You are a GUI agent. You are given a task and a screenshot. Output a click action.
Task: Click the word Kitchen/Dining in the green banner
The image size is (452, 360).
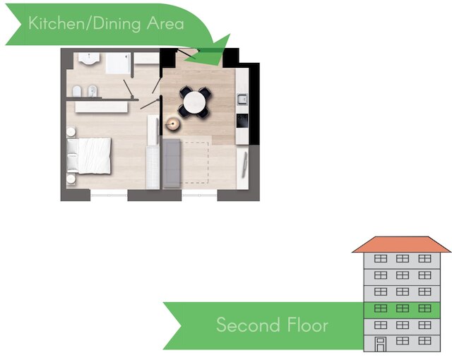(85, 23)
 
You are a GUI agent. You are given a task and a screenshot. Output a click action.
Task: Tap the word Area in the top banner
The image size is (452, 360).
(165, 23)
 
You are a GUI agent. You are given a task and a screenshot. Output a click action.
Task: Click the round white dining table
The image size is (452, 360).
(195, 102)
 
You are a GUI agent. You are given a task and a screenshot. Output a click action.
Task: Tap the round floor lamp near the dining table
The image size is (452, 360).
(172, 124)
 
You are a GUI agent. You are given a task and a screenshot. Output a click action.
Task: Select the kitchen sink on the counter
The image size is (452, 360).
(242, 100)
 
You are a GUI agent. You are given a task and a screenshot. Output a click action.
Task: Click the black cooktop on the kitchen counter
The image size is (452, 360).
(242, 121)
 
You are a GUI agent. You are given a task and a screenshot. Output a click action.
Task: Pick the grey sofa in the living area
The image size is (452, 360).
(172, 163)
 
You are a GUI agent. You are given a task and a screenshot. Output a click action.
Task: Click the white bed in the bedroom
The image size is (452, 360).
(89, 155)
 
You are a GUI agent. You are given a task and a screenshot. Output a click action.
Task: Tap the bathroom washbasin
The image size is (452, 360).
(89, 59)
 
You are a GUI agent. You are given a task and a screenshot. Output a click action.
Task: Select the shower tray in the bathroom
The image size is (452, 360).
(118, 63)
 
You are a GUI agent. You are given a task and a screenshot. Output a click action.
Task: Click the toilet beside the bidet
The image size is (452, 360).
(77, 91)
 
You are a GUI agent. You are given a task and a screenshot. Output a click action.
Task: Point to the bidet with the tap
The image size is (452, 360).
(93, 91)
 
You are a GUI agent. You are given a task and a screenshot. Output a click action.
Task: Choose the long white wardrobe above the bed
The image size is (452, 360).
(101, 107)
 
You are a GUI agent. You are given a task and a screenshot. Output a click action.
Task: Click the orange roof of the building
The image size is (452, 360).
(402, 244)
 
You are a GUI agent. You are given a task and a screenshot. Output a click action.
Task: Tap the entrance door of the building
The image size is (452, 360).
(380, 344)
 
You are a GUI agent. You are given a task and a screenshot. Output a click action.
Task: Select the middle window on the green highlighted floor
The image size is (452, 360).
(403, 308)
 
